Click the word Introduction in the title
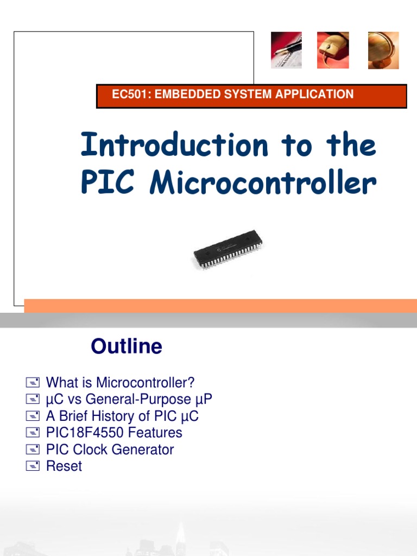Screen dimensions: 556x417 [x=174, y=146]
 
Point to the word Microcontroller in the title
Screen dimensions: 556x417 [x=263, y=184]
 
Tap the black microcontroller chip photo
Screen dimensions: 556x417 [x=228, y=250]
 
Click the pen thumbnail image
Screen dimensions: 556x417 [x=287, y=50]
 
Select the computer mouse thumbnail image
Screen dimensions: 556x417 [x=333, y=50]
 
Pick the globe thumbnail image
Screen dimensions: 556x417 [x=383, y=50]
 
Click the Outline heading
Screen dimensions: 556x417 [x=127, y=346]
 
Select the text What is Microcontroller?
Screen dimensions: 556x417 [x=120, y=383]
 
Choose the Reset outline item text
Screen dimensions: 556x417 [x=64, y=466]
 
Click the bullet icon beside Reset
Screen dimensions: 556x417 [x=33, y=466]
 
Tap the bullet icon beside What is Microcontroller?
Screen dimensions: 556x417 [x=33, y=383]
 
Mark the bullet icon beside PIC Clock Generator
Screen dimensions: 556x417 [x=33, y=450]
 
